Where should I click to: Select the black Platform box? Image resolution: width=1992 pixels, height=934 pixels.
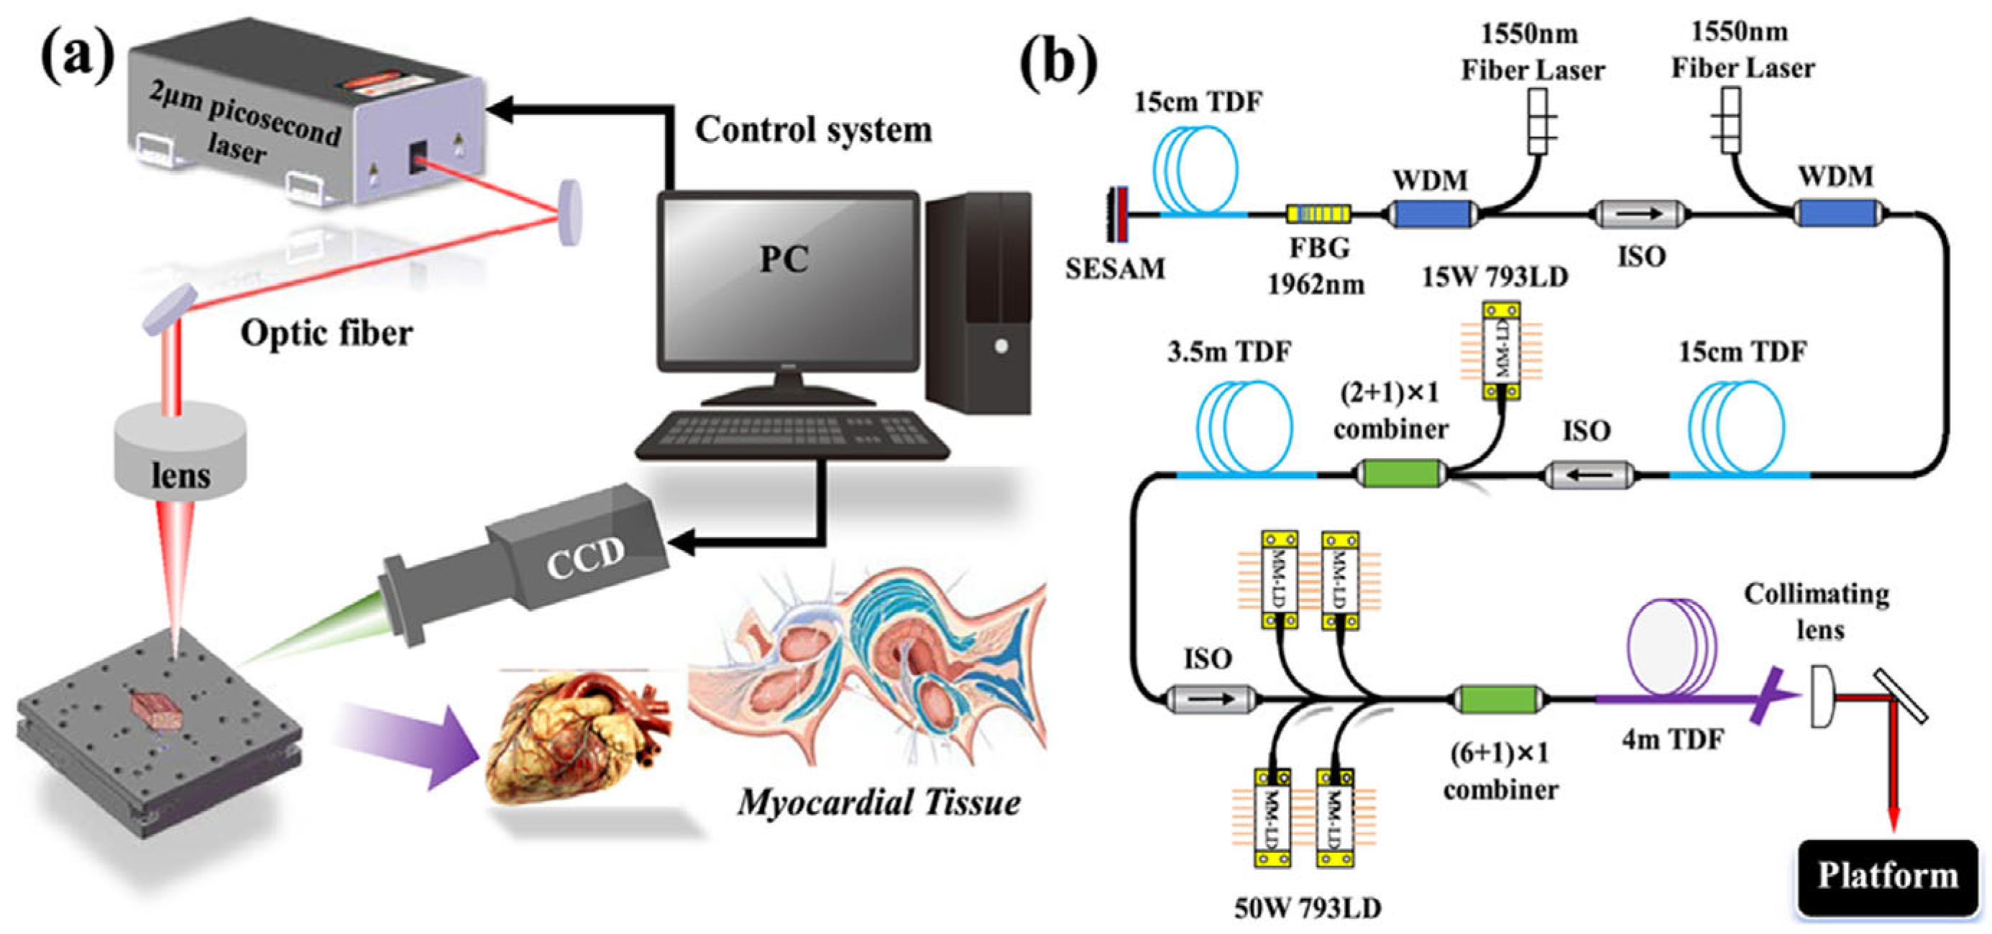pos(1887,876)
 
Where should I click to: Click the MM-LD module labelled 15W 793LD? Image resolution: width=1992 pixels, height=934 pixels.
pos(1501,350)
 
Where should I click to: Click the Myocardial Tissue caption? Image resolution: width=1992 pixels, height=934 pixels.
pos(878,802)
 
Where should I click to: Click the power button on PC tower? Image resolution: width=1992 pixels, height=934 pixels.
pos(1001,346)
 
